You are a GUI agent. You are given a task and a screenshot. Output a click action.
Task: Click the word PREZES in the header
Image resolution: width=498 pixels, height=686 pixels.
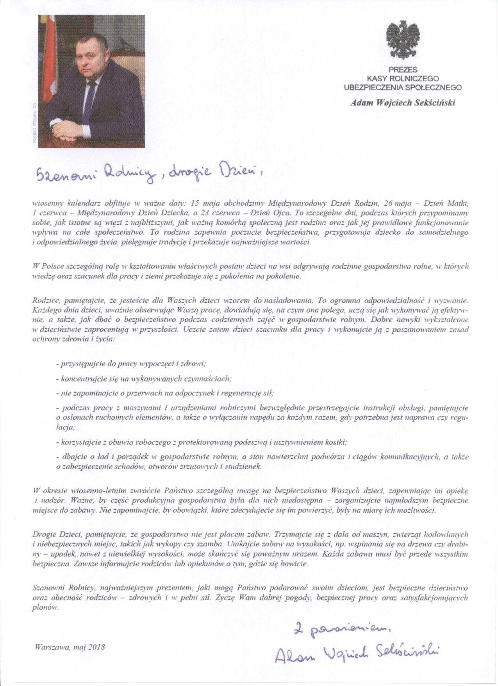click(x=402, y=70)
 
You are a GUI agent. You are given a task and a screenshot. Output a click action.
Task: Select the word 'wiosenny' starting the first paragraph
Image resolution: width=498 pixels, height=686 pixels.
click(x=46, y=204)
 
